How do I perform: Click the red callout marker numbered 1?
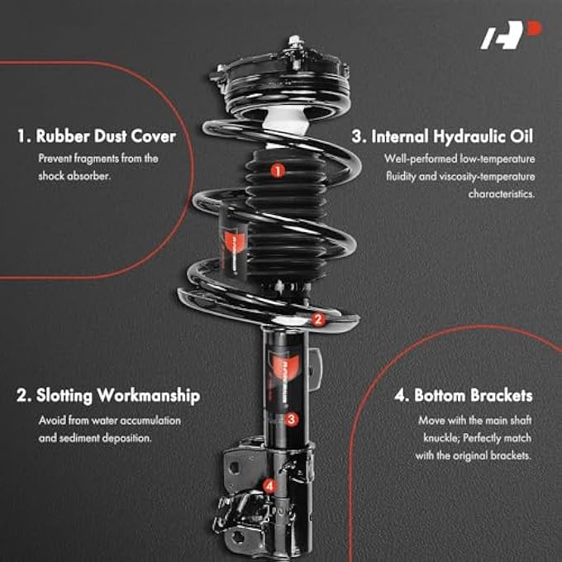click(x=278, y=170)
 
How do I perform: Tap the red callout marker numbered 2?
click(x=318, y=319)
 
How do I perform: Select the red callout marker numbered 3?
click(x=292, y=419)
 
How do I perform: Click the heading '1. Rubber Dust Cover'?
click(x=96, y=136)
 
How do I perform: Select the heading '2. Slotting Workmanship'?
click(x=108, y=396)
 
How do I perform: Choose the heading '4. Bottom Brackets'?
click(x=463, y=396)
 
